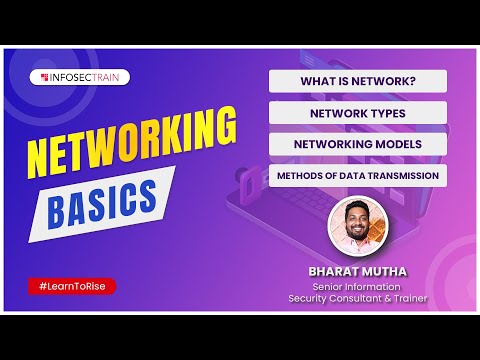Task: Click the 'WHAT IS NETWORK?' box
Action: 357,81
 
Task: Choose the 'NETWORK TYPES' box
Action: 357,113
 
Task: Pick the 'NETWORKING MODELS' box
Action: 357,144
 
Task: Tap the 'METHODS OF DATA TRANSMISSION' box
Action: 357,176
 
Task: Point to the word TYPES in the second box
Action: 387,113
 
